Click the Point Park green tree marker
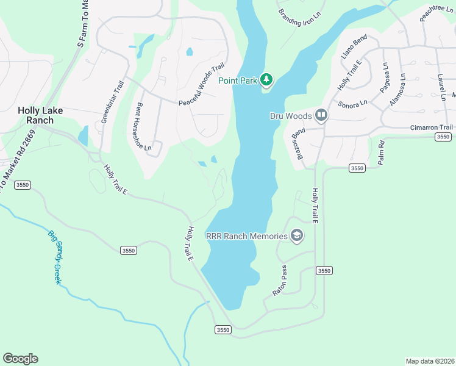coord(266,80)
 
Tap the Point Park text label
coord(238,81)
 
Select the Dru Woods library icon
coord(321,115)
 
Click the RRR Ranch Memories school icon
coord(297,236)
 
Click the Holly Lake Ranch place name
coord(40,115)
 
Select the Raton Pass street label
coord(280,281)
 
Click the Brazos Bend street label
coord(297,142)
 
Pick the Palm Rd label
coord(381,152)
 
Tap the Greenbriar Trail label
coord(113,102)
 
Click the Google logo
coord(20,359)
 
